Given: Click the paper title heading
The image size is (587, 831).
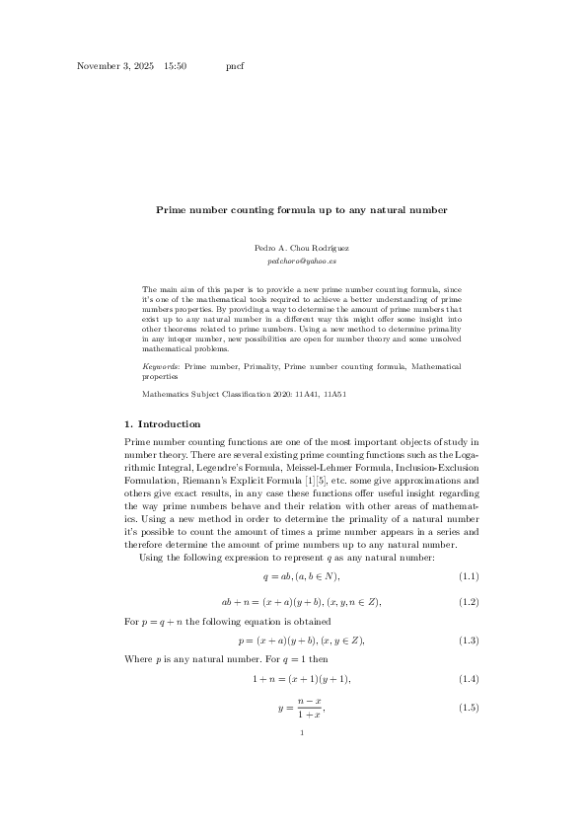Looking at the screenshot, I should [x=302, y=209].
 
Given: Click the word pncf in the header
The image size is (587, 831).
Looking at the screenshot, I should [x=235, y=66].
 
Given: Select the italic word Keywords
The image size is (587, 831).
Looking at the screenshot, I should [x=161, y=366].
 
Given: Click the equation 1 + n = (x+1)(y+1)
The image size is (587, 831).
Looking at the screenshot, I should [x=302, y=680].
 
